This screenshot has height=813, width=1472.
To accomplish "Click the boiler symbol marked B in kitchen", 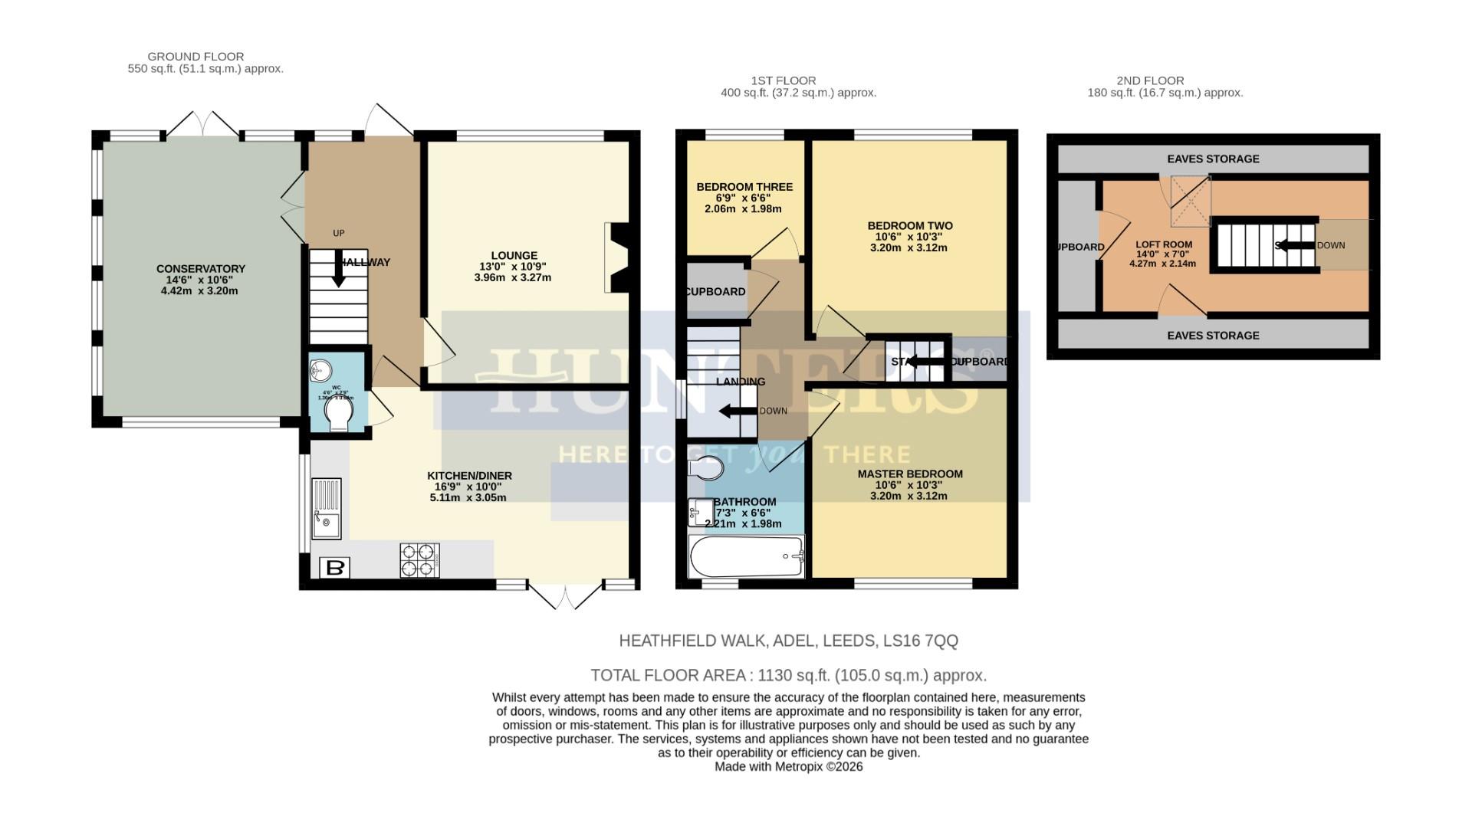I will pos(334,568).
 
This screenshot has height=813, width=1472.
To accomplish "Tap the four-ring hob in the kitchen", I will pos(419,559).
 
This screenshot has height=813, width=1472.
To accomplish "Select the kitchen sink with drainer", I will pos(326,510).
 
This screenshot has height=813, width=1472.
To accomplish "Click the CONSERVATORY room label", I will pos(201,269).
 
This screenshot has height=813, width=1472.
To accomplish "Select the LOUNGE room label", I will pos(514,256).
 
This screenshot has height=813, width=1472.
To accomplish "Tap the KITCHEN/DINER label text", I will pos(469,476).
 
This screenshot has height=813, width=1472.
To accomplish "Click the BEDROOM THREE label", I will pos(744,187).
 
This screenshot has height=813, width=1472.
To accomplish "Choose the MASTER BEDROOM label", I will pos(909,474).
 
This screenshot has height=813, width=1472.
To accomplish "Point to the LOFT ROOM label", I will pos(1163,244).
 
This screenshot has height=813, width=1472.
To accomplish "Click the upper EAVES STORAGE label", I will pos(1212,159).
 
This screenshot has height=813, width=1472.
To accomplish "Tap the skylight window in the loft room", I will pos(1189,202).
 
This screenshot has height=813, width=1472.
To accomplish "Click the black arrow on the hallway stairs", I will pos(338,271).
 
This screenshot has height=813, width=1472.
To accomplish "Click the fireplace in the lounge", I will pos(616,257).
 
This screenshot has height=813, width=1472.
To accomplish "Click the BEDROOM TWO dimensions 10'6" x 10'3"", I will pos(909,237).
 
